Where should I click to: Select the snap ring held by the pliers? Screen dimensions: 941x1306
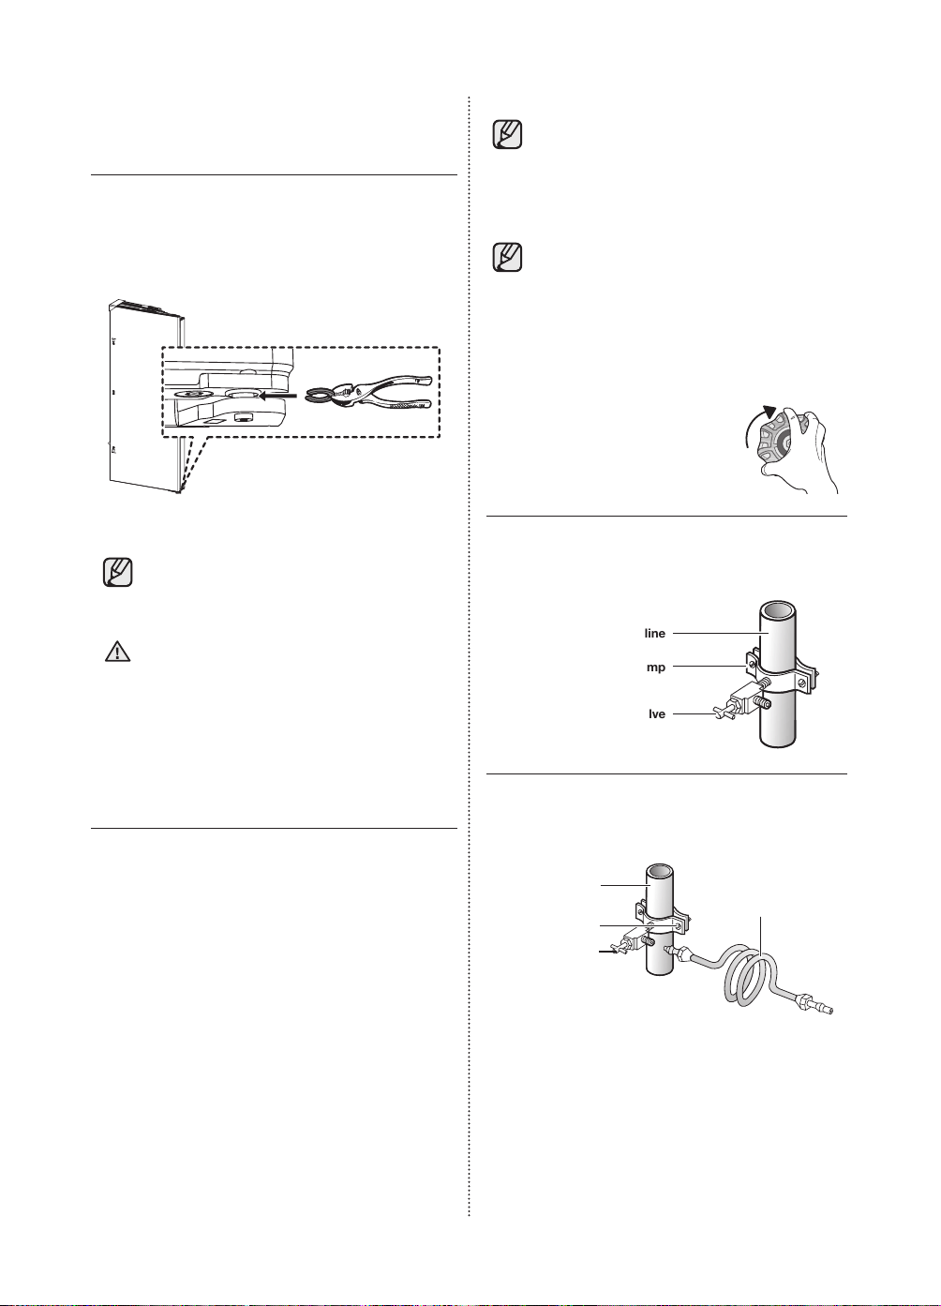click(x=318, y=396)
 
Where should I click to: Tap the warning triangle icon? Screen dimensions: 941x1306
click(x=117, y=652)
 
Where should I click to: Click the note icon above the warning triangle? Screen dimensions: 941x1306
click(x=117, y=572)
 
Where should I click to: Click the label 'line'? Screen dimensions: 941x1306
click(x=655, y=633)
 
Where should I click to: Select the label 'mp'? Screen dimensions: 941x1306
click(x=656, y=667)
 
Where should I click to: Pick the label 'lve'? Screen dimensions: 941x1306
click(x=657, y=713)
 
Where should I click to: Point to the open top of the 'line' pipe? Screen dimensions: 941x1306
click(x=778, y=612)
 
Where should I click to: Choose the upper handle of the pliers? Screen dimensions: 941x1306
click(x=396, y=382)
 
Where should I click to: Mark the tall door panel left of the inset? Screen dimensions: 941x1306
click(x=146, y=397)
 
